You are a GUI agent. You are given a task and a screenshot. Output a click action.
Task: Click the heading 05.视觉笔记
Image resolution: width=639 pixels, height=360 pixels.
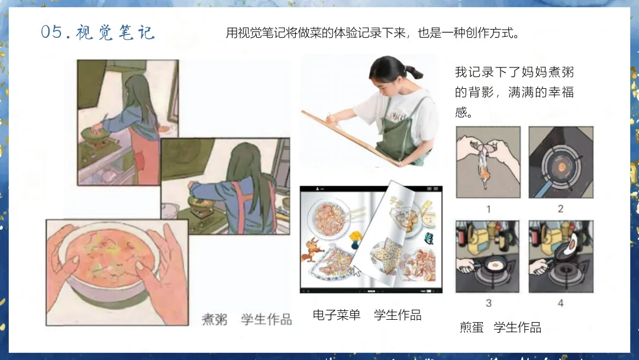coord(98,32)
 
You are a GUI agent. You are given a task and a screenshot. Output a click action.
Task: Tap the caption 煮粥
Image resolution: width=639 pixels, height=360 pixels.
coord(214,319)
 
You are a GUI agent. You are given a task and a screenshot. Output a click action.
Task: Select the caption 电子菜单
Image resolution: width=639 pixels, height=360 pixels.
coord(337,315)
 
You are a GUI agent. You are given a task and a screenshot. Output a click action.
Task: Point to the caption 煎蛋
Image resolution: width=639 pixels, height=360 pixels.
coord(472,327)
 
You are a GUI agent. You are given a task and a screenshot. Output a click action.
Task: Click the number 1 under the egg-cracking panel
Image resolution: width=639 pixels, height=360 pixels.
coord(489,209)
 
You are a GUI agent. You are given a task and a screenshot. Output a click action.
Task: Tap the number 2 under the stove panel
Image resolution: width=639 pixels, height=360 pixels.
coord(561,209)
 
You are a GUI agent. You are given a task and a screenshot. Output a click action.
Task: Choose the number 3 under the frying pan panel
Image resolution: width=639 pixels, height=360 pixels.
coord(489,303)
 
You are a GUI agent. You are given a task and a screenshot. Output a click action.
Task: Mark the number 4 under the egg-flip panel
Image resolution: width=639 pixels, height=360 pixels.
coord(561,303)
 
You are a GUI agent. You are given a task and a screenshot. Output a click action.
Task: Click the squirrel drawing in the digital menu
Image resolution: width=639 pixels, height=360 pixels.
coord(312,249)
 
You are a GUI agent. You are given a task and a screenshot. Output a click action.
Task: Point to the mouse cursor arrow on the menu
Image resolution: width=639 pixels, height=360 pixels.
coord(356,271)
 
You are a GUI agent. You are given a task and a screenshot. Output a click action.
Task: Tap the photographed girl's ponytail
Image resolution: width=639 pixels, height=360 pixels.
coord(414,72)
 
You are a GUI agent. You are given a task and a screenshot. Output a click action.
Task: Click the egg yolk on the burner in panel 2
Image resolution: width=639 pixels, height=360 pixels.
coord(561,167)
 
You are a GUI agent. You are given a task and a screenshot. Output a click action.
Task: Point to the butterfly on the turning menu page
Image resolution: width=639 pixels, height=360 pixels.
coord(429,239)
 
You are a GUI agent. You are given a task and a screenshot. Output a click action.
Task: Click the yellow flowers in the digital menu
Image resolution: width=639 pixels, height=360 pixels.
coord(356,236)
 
